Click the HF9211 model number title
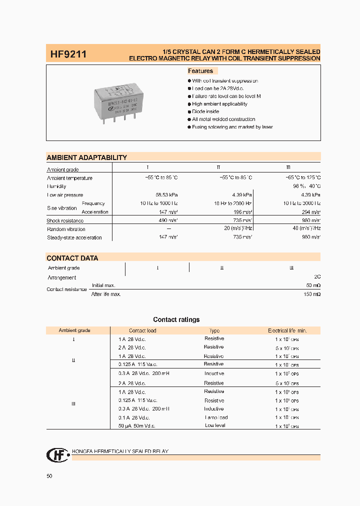(x=68, y=53)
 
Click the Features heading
(x=200, y=71)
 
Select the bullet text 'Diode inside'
(x=205, y=111)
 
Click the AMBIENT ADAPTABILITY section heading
(x=86, y=157)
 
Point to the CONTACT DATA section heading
(x=72, y=258)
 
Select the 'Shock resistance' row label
(x=64, y=220)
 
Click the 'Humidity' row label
(x=56, y=186)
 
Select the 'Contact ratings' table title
(x=176, y=319)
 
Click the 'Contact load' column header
(x=142, y=330)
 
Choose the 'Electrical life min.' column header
(x=287, y=330)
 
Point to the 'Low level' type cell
(x=215, y=425)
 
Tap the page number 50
(x=49, y=476)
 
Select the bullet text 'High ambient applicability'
(x=219, y=104)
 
